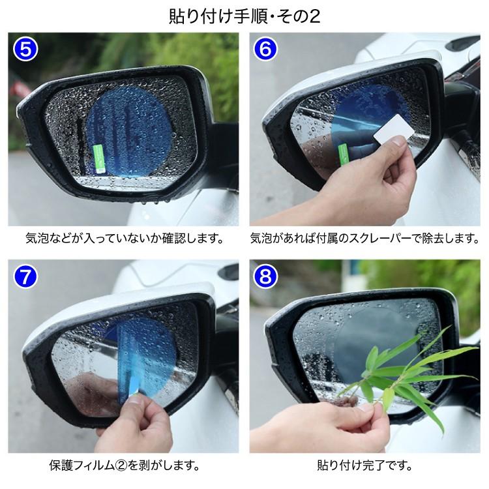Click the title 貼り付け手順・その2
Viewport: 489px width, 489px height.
pos(245,15)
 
